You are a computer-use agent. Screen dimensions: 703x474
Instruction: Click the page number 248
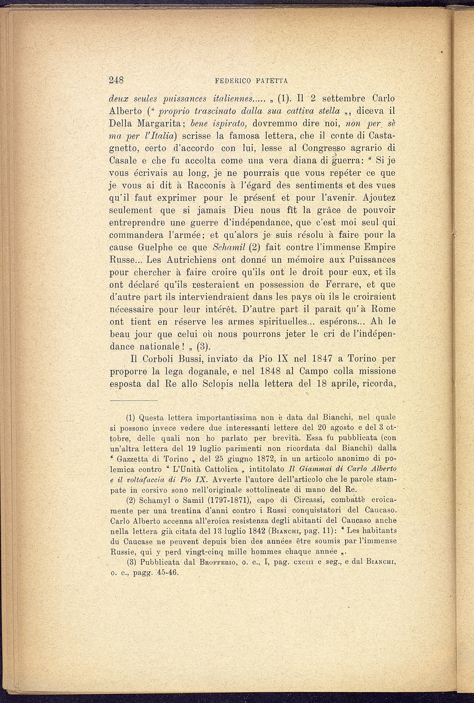tap(117, 80)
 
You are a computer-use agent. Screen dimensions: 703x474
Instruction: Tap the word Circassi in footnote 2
tap(298, 500)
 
